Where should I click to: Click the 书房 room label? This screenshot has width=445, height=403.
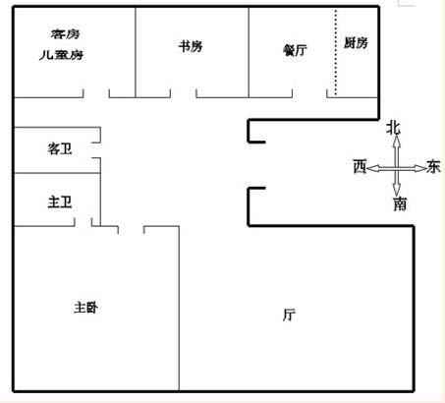pos(191,46)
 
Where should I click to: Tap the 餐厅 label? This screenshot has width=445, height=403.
pos(295,50)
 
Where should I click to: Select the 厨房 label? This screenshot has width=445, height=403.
pos(356,43)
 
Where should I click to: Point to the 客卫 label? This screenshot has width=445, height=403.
pos(60,148)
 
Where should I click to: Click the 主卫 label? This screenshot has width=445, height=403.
pos(60,201)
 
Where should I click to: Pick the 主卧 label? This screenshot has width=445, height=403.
pos(85,308)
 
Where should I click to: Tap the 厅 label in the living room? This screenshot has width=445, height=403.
pos(289,315)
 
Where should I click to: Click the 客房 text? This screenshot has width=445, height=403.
pos(65,33)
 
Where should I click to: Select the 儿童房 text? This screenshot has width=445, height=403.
pos(61,55)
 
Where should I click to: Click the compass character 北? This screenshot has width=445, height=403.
pos(393,128)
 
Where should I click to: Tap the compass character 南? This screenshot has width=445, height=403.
pos(400,203)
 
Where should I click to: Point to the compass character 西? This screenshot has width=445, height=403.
pos(360,166)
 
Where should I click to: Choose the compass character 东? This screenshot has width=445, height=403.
pos(433,166)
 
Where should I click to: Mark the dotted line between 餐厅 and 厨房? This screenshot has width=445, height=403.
pos(336,52)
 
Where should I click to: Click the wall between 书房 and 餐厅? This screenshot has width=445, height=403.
pos(249,52)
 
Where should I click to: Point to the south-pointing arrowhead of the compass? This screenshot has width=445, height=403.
pos(397,190)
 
